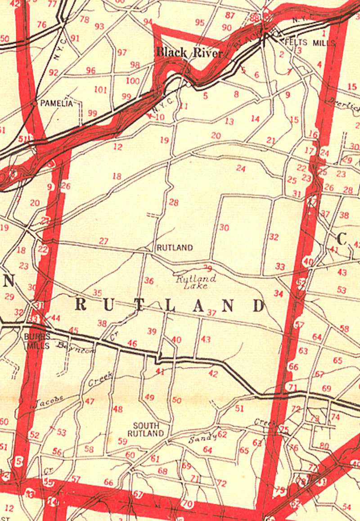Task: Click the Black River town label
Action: click(189, 53)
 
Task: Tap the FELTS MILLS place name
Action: click(311, 43)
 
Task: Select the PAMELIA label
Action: click(56, 103)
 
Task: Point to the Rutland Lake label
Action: click(196, 282)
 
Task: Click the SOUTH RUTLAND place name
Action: click(145, 429)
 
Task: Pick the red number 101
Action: click(101, 90)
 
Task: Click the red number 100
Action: click(133, 81)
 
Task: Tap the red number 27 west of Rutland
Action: click(103, 241)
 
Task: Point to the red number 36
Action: click(149, 281)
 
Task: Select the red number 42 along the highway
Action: click(213, 373)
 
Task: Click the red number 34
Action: click(279, 293)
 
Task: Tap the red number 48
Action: click(118, 409)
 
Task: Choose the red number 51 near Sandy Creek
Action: click(239, 409)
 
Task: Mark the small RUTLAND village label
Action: click(175, 247)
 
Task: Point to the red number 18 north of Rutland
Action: click(117, 176)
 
